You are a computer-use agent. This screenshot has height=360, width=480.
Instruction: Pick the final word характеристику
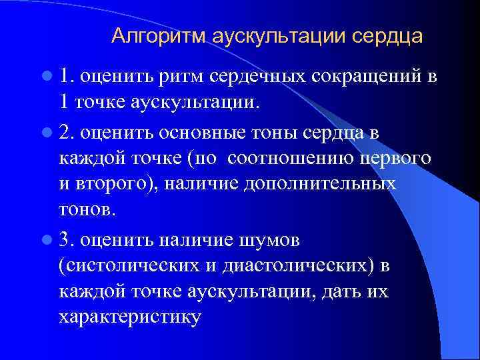pyautogui.click(x=129, y=317)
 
